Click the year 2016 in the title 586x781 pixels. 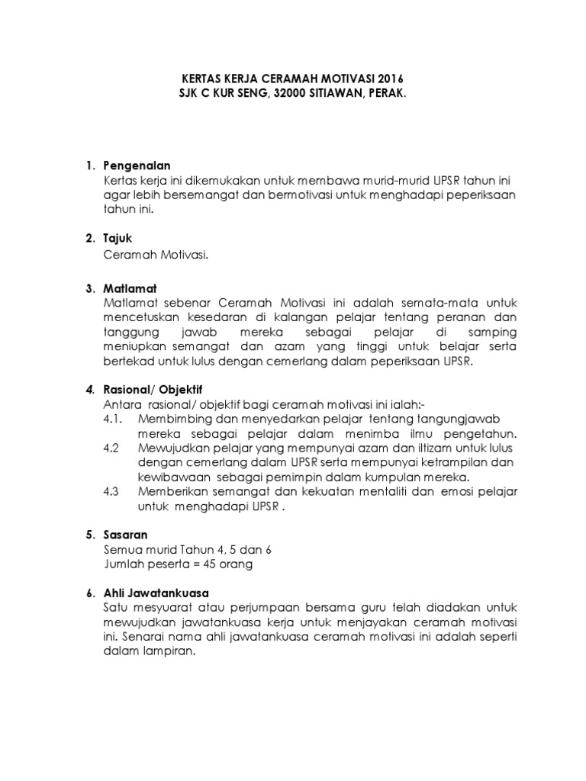(x=387, y=79)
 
